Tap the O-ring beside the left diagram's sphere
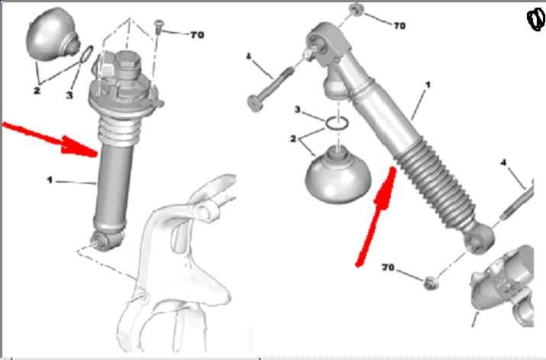click(86, 54)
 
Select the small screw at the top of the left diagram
click(159, 27)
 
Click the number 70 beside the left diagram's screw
click(197, 35)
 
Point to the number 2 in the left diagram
click(37, 91)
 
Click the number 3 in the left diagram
click(69, 95)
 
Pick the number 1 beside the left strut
click(50, 180)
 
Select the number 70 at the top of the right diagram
click(399, 25)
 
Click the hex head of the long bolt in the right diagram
click(255, 103)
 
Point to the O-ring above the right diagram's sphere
click(337, 123)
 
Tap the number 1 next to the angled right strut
click(428, 85)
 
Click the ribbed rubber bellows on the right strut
click(436, 184)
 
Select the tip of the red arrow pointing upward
click(393, 169)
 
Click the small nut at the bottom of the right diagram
click(431, 283)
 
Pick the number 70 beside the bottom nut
click(388, 268)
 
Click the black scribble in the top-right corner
click(537, 20)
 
